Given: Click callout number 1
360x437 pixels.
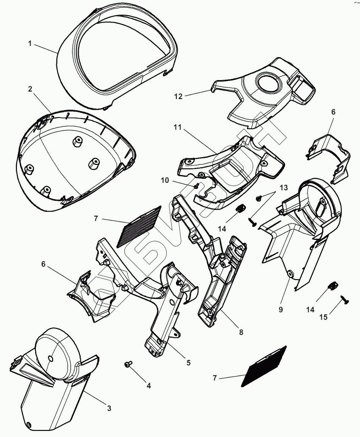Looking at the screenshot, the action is [30, 44].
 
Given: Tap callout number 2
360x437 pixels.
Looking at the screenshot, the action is [30, 89].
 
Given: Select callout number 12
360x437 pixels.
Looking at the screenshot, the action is [178, 96].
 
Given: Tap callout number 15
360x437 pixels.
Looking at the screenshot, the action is [323, 317].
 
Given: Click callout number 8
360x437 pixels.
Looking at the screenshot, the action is [241, 332].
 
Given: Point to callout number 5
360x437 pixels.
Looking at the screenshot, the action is [188, 363].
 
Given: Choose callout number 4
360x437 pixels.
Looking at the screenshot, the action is [149, 385].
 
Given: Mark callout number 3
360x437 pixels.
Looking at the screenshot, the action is [109, 408].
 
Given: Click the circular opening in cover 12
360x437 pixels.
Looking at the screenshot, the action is [267, 82].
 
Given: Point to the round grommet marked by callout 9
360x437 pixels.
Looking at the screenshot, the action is [290, 273].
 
